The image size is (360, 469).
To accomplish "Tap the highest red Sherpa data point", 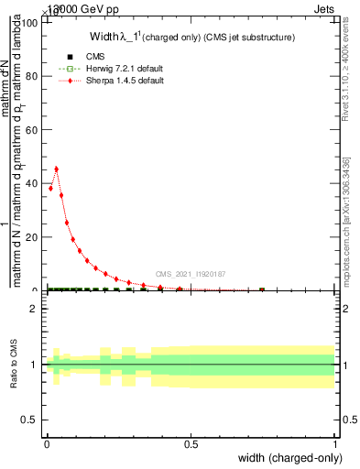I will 57,169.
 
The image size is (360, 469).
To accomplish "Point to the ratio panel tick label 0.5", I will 29,420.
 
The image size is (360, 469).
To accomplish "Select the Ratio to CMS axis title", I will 15,365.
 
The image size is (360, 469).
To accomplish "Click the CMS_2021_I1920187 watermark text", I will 190,273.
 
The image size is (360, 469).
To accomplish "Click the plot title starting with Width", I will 191,38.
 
